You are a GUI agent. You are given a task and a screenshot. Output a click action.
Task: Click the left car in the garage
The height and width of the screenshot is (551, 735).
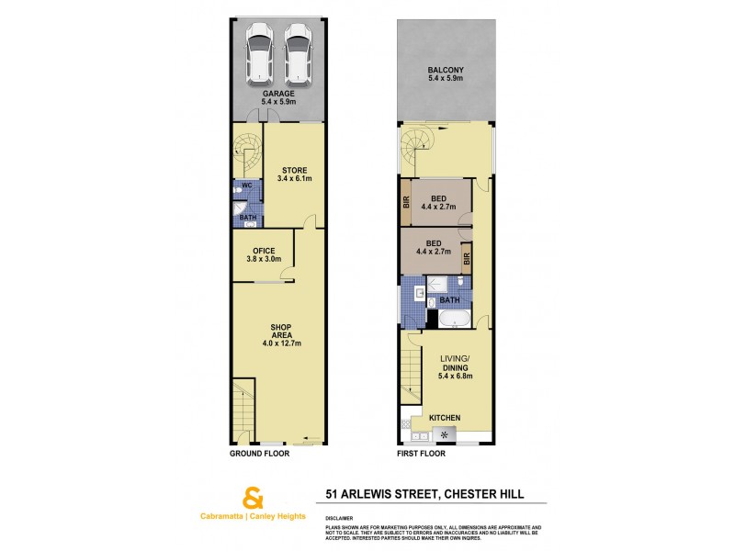pyautogui.click(x=260, y=56)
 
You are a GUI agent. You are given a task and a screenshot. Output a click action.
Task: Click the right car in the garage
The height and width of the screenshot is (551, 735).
pyautogui.click(x=298, y=56)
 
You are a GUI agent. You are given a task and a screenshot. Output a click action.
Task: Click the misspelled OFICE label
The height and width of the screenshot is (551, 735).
pyautogui.click(x=262, y=254)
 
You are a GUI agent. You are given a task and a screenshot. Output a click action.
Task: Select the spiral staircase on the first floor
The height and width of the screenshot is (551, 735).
pyautogui.click(x=414, y=147)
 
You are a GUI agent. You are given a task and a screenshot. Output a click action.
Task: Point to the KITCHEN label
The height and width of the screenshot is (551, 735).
pyautogui.click(x=445, y=419)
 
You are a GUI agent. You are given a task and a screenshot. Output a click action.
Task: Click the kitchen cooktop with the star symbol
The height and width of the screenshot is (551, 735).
pyautogui.click(x=447, y=434)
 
